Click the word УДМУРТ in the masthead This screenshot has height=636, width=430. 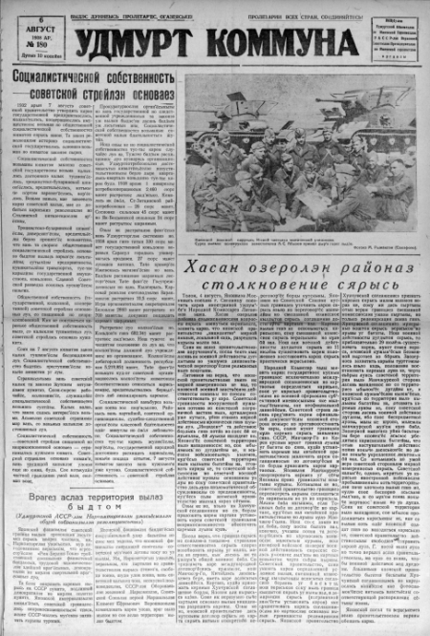coord(129,41)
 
